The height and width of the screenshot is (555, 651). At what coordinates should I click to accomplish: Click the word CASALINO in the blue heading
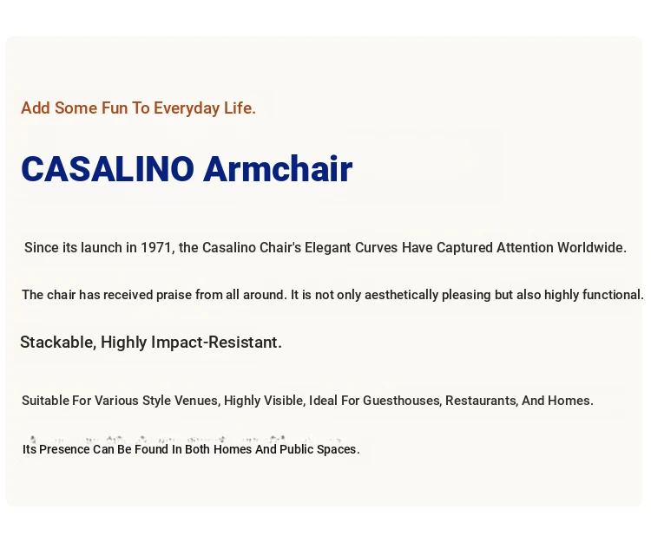pyautogui.click(x=108, y=169)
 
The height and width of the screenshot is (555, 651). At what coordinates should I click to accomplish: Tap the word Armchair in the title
pyautogui.click(x=278, y=168)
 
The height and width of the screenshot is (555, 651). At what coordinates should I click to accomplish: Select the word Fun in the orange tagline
pyautogui.click(x=115, y=108)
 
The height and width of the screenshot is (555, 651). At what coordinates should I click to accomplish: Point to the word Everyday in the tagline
pyautogui.click(x=187, y=108)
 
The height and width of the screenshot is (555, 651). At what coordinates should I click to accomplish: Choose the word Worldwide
pyautogui.click(x=592, y=248)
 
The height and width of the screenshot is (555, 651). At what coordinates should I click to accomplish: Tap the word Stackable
pyautogui.click(x=58, y=343)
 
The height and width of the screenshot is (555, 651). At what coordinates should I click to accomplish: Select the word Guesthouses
pyautogui.click(x=402, y=401)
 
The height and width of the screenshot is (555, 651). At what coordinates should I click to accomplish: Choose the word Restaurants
pyautogui.click(x=481, y=401)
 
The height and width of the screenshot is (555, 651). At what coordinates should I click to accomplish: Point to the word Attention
pyautogui.click(x=525, y=248)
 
